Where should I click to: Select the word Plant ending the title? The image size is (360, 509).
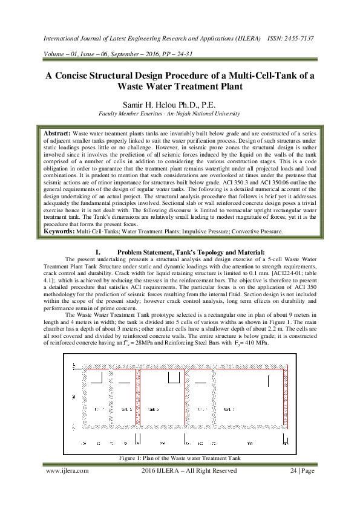[x=229, y=86]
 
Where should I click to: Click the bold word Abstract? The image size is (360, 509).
[x=57, y=132]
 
